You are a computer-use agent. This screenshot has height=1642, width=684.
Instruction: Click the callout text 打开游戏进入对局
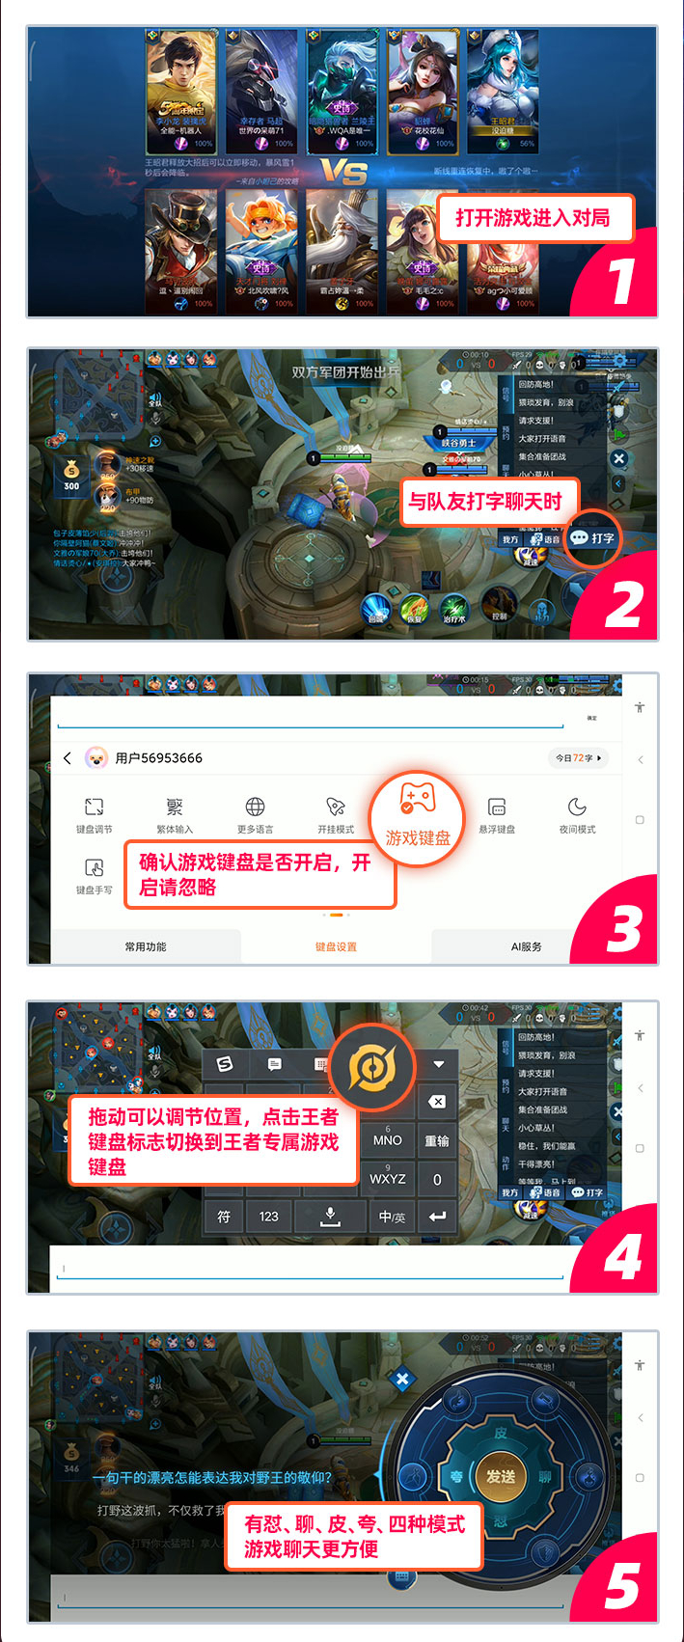point(534,218)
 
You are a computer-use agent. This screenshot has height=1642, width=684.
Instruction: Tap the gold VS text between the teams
point(344,173)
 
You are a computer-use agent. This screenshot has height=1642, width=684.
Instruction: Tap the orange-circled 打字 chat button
point(592,538)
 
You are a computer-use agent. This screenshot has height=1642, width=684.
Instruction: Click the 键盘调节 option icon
point(94,807)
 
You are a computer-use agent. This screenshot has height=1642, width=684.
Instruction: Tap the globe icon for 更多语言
point(255,807)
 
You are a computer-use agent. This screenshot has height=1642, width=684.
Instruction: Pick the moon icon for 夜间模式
point(577,807)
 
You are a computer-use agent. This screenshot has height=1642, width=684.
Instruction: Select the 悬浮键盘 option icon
point(497,807)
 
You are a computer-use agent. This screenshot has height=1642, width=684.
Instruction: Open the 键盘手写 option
point(94,868)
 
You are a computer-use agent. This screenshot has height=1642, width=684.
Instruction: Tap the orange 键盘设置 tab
point(336,947)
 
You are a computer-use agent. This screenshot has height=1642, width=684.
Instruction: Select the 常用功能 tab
point(146,947)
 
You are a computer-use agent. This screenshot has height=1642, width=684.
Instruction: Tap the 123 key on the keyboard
point(269,1217)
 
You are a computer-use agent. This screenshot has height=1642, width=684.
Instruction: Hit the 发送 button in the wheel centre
point(500,1477)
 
